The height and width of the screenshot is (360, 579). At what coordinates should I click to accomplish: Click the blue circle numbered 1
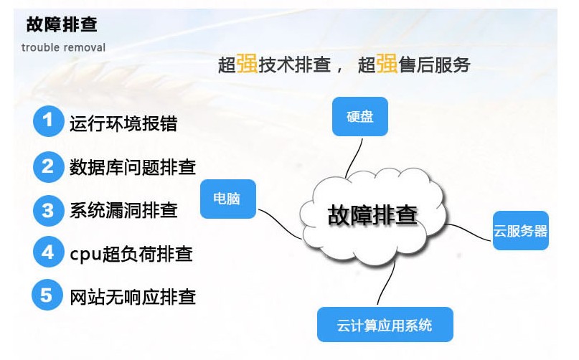click(x=48, y=121)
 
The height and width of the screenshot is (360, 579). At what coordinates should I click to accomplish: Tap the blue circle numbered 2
click(x=48, y=167)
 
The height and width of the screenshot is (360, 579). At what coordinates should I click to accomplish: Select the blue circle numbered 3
click(x=48, y=210)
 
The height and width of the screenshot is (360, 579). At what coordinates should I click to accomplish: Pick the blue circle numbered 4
click(x=48, y=252)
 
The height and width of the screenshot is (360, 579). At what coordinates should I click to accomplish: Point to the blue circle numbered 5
click(x=47, y=295)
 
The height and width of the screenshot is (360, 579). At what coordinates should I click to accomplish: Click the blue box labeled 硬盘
click(x=360, y=117)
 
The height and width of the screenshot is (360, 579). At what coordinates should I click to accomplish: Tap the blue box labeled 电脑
click(x=228, y=199)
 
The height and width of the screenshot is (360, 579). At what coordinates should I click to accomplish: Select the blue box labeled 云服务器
click(x=521, y=230)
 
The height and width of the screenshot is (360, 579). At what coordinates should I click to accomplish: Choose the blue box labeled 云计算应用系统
click(x=385, y=325)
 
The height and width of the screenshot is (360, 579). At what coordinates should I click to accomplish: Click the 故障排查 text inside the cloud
click(x=372, y=215)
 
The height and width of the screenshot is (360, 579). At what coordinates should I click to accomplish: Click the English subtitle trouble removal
click(x=63, y=47)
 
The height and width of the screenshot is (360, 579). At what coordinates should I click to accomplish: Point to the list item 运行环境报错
click(x=123, y=123)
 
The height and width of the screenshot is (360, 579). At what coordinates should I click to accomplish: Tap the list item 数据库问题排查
click(x=133, y=167)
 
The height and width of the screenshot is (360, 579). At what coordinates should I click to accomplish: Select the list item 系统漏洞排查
click(x=123, y=210)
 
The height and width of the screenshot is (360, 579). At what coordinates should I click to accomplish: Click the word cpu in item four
click(x=85, y=255)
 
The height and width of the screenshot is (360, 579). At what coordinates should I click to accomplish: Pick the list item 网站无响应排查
click(x=133, y=297)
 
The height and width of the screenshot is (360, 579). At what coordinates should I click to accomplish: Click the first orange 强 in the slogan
click(x=247, y=63)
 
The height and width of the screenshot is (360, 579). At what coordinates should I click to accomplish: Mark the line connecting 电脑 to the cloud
click(x=279, y=223)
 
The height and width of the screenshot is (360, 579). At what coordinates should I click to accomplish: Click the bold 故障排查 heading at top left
click(x=62, y=24)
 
